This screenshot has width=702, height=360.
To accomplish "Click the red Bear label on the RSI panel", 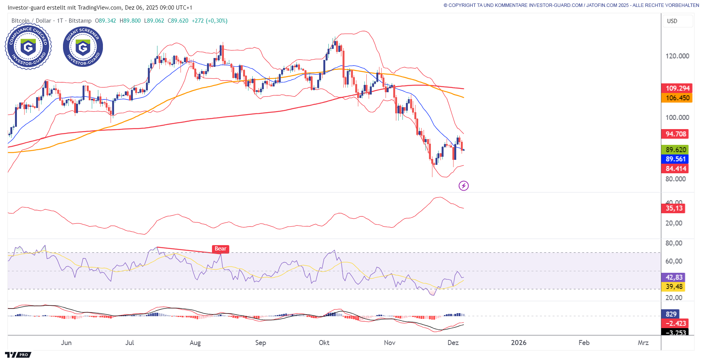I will [x=220, y=249].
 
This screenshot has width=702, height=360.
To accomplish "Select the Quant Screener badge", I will [x=83, y=47].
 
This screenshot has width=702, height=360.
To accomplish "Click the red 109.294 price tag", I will [x=677, y=88].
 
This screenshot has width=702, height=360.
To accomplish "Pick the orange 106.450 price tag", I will [x=677, y=98].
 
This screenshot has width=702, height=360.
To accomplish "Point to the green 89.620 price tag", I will [x=676, y=150].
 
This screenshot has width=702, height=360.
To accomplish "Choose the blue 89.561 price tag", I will [x=676, y=159].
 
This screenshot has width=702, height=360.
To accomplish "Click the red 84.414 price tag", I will [x=676, y=169].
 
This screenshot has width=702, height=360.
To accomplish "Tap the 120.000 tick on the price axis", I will [x=677, y=56].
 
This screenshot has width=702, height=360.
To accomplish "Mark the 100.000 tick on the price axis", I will [x=677, y=118].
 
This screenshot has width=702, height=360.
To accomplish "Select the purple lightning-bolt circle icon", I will [x=464, y=186].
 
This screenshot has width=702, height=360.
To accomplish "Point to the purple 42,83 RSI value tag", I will [x=674, y=277].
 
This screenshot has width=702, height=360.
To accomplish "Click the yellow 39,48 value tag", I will [x=674, y=287].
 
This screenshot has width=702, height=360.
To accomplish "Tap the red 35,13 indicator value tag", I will [x=674, y=208].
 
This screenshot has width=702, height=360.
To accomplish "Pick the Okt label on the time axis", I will [x=324, y=343].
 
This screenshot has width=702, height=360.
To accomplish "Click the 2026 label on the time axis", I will [x=518, y=343].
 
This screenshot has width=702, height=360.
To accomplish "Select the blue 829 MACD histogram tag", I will [x=671, y=314].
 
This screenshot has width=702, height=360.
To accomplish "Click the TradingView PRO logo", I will [x=18, y=355].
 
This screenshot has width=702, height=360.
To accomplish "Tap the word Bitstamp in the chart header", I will [x=80, y=21].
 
